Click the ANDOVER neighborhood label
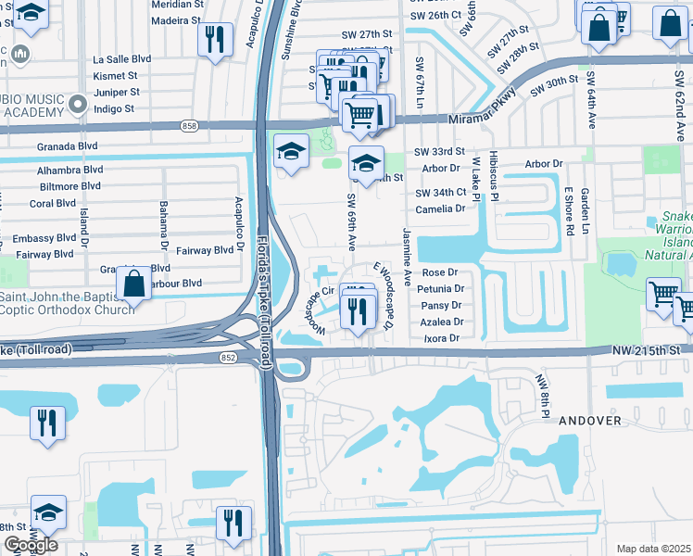coord(590,420)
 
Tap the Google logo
coord(31,545)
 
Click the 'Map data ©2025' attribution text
coord(653,549)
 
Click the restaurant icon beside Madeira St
coord(214,39)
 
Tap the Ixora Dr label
coord(440,338)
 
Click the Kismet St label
coord(115,75)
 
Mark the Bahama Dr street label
coord(163,219)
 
